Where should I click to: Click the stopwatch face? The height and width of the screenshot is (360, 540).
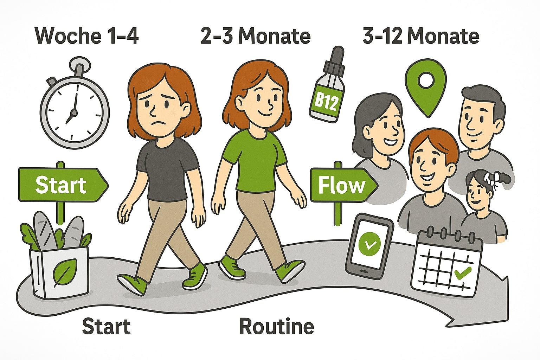[x=75, y=112]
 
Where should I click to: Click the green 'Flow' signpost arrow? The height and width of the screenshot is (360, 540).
[x=344, y=185]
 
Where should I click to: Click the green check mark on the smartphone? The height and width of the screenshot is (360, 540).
[x=369, y=244]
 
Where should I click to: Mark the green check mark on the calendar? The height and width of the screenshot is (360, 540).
[x=462, y=273]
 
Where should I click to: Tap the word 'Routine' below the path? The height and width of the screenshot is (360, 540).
[x=277, y=326]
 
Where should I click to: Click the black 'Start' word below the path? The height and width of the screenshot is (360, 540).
[x=106, y=326]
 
